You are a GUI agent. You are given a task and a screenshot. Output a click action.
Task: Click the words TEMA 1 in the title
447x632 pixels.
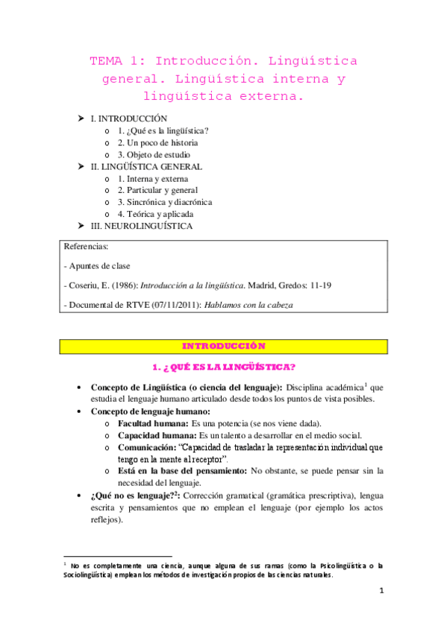click(113, 60)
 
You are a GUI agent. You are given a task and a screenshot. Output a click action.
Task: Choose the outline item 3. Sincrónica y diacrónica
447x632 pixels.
click(164, 202)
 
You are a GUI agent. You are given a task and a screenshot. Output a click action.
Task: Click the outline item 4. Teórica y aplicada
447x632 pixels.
click(154, 214)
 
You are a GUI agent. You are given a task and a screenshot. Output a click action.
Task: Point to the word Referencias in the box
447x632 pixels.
click(87, 246)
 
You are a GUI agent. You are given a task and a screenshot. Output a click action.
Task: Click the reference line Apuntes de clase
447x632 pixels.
click(101, 265)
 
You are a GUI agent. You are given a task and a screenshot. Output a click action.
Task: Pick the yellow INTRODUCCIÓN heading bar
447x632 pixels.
click(224, 346)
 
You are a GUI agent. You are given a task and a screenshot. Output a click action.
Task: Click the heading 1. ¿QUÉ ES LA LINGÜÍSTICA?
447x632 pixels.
click(223, 367)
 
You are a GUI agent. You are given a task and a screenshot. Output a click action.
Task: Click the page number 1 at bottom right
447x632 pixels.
click(381, 592)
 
